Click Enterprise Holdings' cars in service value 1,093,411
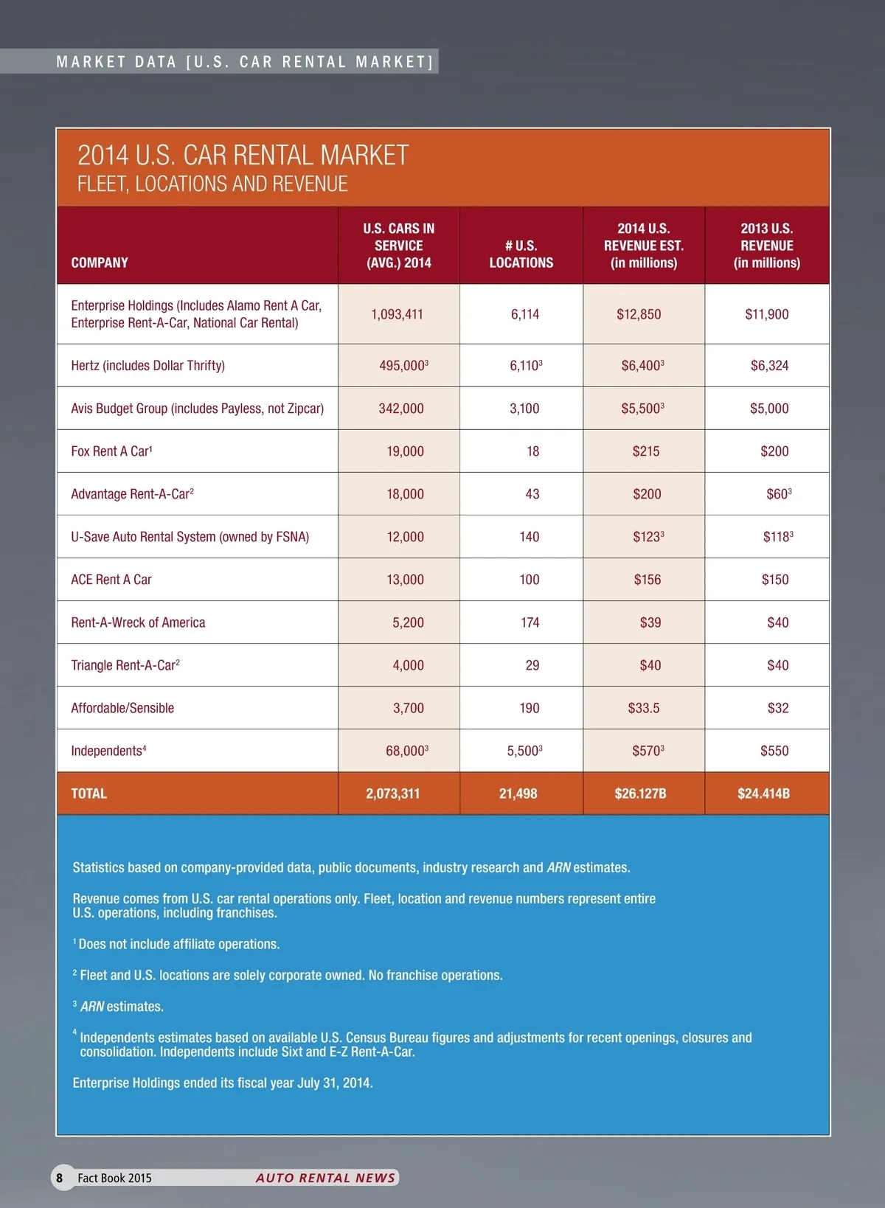[x=397, y=314]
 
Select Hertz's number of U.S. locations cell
[x=525, y=365]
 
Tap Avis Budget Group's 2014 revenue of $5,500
[x=642, y=408]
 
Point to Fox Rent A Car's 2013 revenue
[x=774, y=451]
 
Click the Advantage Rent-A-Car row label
[x=132, y=494]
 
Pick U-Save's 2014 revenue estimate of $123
[x=648, y=537]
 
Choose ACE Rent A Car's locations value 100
[x=529, y=580]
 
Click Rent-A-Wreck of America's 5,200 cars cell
[x=408, y=622]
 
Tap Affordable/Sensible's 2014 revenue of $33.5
[x=644, y=708]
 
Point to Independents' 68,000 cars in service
[x=406, y=751]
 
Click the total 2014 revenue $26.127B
[x=640, y=794]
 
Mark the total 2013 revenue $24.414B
[x=763, y=794]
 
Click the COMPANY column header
[x=100, y=263]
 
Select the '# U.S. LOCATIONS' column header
[x=521, y=254]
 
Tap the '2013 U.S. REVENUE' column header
[x=767, y=246]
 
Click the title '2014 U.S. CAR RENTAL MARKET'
[x=243, y=156]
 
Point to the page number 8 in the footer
[x=60, y=1178]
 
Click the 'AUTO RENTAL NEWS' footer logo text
[x=325, y=1178]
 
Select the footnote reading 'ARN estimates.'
[x=122, y=1007]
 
